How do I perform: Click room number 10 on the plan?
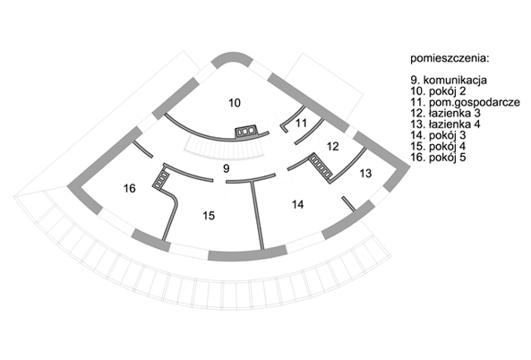(x=235, y=103)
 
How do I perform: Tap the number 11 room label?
(x=301, y=123)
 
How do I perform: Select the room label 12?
(x=333, y=147)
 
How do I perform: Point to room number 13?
(x=365, y=174)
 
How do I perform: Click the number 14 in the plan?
(x=297, y=204)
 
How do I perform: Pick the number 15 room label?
(x=209, y=216)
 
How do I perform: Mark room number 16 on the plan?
(x=130, y=188)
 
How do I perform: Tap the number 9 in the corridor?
(x=227, y=168)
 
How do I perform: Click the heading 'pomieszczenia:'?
(x=450, y=58)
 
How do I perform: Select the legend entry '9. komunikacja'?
(x=449, y=81)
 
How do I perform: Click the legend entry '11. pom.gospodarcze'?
(x=466, y=102)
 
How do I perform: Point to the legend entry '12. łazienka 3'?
(x=446, y=113)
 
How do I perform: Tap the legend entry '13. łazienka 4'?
(x=446, y=124)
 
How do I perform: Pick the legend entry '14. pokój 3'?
(x=438, y=135)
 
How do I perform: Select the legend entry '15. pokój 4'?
(x=438, y=146)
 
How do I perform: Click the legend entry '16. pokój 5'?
(x=438, y=157)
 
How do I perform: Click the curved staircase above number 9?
(x=224, y=152)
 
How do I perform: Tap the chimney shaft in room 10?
(x=246, y=132)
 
